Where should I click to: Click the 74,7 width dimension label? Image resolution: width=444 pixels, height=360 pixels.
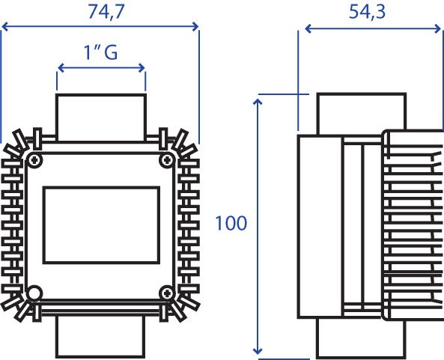pyautogui.click(x=106, y=12)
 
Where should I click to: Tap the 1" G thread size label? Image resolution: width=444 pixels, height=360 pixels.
pyautogui.click(x=100, y=52)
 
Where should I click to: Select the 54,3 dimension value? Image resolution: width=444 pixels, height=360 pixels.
pyautogui.click(x=367, y=12)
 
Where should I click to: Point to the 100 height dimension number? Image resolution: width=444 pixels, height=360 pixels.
pyautogui.click(x=231, y=223)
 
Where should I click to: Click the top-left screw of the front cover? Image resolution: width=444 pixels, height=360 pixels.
pyautogui.click(x=34, y=160)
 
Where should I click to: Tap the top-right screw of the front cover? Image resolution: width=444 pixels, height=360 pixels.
pyautogui.click(x=167, y=160)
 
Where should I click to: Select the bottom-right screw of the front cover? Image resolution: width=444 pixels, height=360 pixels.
pyautogui.click(x=167, y=293)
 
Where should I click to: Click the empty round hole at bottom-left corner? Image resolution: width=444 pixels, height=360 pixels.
pyautogui.click(x=34, y=293)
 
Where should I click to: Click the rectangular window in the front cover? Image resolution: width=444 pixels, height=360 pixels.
pyautogui.click(x=101, y=225)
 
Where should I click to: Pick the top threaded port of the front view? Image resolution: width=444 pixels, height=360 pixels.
pyautogui.click(x=101, y=118)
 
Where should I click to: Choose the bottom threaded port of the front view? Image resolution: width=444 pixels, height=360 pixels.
pyautogui.click(x=100, y=336)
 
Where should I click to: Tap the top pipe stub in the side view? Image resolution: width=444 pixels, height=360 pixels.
pyautogui.click(x=362, y=114)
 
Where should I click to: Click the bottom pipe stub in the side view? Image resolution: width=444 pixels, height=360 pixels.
pyautogui.click(x=361, y=338)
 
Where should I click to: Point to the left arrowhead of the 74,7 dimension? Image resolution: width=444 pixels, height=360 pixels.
pyautogui.click(x=5, y=27)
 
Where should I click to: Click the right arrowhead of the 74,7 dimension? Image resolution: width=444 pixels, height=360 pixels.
pyautogui.click(x=195, y=27)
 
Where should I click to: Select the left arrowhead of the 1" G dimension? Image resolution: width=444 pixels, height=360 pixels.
pyautogui.click(x=61, y=68)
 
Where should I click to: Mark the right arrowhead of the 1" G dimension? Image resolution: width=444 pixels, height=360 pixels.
pyautogui.click(x=142, y=68)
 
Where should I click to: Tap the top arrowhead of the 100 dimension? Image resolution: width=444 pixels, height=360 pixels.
pyautogui.click(x=258, y=102)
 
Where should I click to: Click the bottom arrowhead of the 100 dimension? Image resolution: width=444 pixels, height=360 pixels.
pyautogui.click(x=258, y=351)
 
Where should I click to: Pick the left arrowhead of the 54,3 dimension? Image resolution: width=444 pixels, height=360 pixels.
pyautogui.click(x=308, y=28)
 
